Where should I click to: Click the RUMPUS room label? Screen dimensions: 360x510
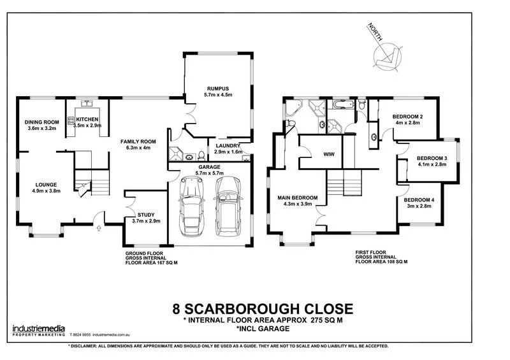(217, 87)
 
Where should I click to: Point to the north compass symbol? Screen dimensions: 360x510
(387, 56)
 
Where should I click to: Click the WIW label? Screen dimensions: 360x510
(330, 154)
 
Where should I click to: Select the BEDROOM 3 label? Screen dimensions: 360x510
(432, 158)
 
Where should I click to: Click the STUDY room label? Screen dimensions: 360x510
(146, 214)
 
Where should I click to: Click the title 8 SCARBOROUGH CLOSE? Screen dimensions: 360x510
(262, 309)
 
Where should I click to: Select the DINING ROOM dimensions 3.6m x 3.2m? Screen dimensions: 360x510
(41, 128)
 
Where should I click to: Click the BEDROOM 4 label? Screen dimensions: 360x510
(419, 201)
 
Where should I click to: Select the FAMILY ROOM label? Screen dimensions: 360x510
(138, 141)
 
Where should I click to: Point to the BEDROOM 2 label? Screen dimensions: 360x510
(408, 117)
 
